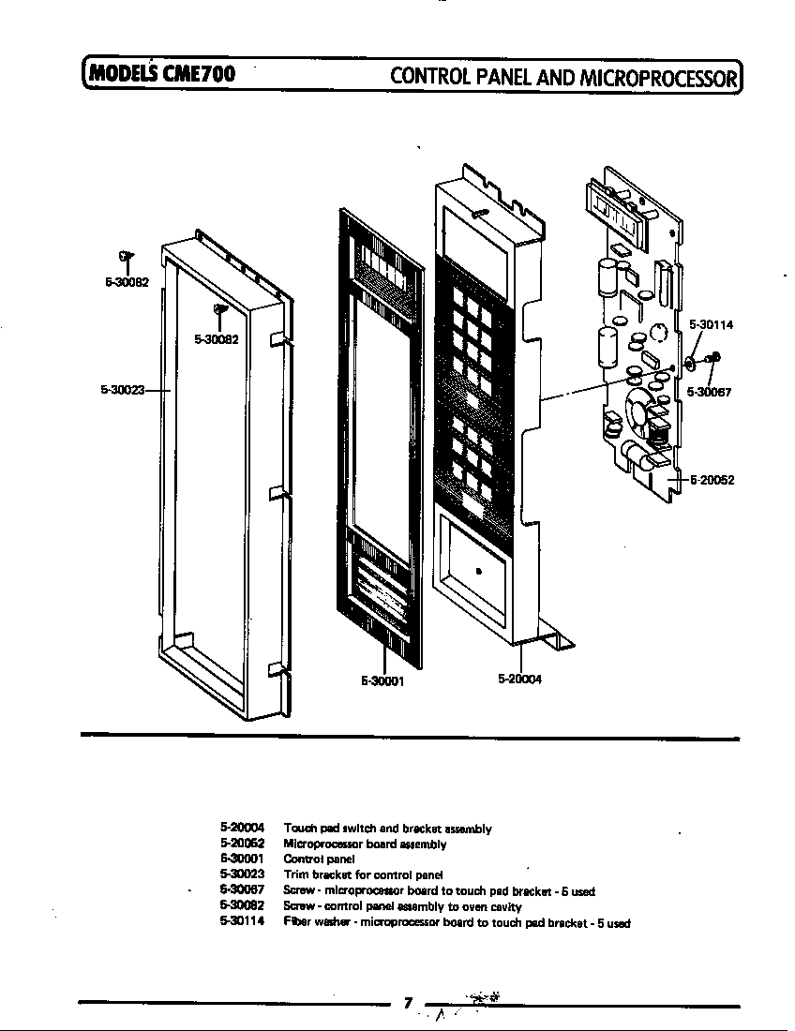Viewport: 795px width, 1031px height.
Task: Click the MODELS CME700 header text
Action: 160,73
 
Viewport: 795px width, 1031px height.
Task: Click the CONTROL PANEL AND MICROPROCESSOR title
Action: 564,75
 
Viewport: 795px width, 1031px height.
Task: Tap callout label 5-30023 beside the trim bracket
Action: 122,390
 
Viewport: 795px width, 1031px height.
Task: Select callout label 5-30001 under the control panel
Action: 382,681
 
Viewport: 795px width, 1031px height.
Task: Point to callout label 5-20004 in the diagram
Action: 519,680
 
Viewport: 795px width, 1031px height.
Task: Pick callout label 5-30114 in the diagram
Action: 711,325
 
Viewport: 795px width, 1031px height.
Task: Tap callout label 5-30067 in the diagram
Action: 709,392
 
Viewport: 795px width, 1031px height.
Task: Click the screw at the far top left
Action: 126,256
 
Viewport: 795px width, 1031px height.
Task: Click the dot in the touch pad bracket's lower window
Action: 478,570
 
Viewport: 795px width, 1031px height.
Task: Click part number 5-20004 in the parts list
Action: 243,829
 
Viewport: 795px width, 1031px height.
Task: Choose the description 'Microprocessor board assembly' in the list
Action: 364,844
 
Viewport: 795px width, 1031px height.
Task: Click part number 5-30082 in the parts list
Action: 243,906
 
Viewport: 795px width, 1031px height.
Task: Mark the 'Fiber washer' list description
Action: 457,922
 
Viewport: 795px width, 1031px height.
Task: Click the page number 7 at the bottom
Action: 408,1003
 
